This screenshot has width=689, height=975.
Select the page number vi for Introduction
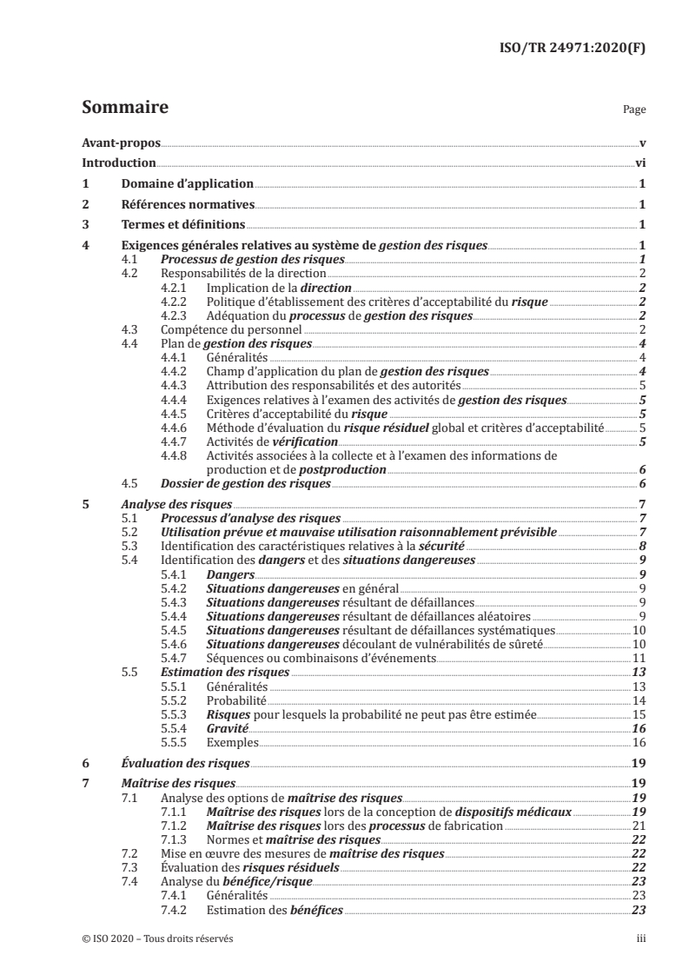[x=639, y=162]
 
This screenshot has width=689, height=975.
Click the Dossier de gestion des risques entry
[x=246, y=483]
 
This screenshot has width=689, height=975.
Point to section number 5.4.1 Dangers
[x=176, y=574]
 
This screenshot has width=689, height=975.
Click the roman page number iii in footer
[x=639, y=939]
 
